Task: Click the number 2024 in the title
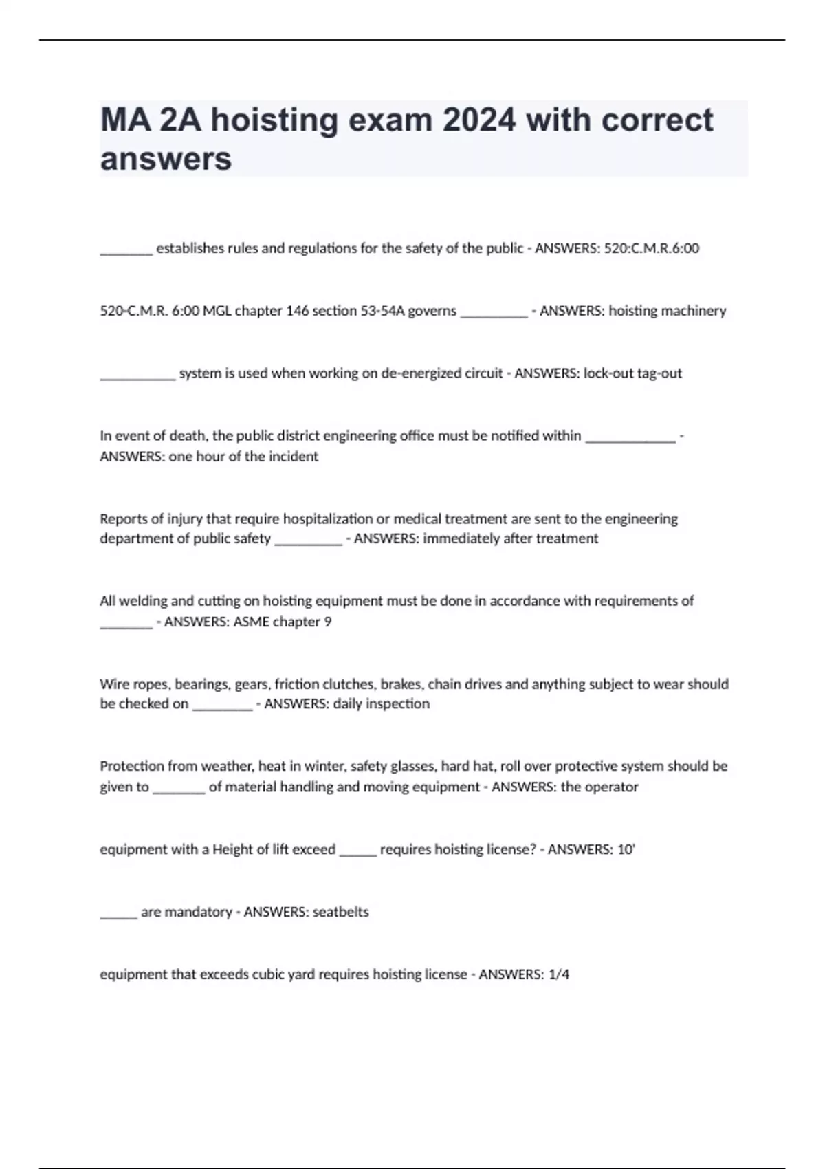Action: pyautogui.click(x=478, y=120)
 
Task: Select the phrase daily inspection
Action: pyautogui.click(x=381, y=703)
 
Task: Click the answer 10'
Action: pyautogui.click(x=626, y=849)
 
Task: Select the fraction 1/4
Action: pyautogui.click(x=559, y=974)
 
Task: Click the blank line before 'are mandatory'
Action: pyautogui.click(x=118, y=915)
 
